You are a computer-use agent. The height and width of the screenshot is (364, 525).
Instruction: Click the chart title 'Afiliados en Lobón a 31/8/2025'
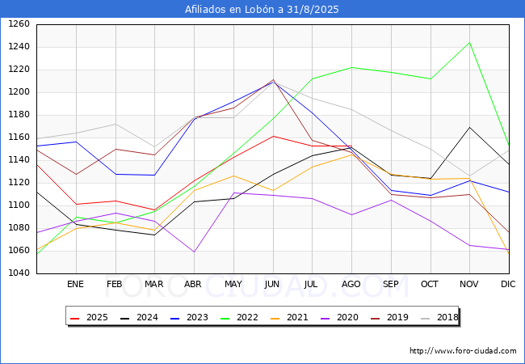click(x=262, y=9)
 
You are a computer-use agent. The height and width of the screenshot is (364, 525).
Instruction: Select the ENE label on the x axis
click(x=75, y=285)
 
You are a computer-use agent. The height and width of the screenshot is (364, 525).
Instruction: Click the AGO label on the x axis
click(x=351, y=285)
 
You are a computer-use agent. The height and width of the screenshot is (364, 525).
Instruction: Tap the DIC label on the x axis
click(x=508, y=285)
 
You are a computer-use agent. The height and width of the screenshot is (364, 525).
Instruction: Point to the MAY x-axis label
click(x=233, y=285)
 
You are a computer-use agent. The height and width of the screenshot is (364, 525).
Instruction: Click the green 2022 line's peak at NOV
click(x=469, y=42)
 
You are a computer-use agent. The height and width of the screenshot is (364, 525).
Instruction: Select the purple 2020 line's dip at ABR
click(x=194, y=252)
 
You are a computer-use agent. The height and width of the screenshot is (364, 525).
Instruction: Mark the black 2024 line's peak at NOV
click(x=469, y=127)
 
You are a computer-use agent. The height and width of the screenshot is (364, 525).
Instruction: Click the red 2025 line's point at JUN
click(x=273, y=136)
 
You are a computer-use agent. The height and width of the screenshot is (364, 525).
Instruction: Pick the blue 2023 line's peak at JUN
click(x=273, y=81)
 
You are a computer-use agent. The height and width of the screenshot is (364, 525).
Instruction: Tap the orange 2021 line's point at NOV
click(x=469, y=178)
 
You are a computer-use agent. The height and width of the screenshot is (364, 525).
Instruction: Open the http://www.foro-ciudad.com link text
click(x=463, y=351)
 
